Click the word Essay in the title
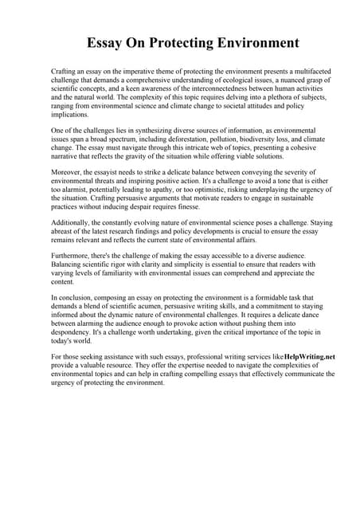[x=111, y=42]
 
